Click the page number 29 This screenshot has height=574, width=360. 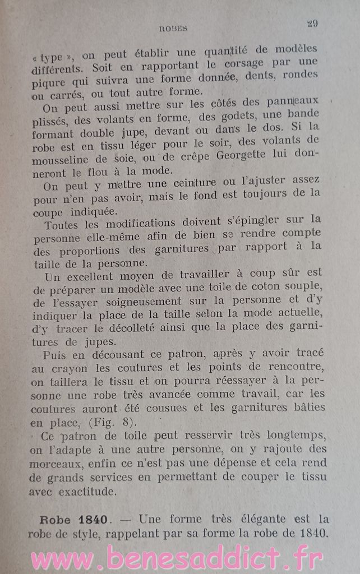[x=312, y=23]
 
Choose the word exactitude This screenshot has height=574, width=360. [x=89, y=493]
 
